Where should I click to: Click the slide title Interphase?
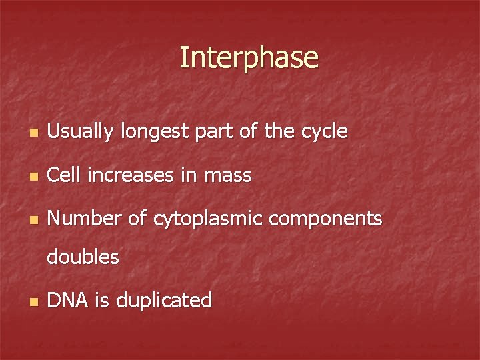[249, 58]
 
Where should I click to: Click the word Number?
[81, 218]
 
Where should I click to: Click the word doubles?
[83, 257]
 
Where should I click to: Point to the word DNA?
[67, 300]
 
